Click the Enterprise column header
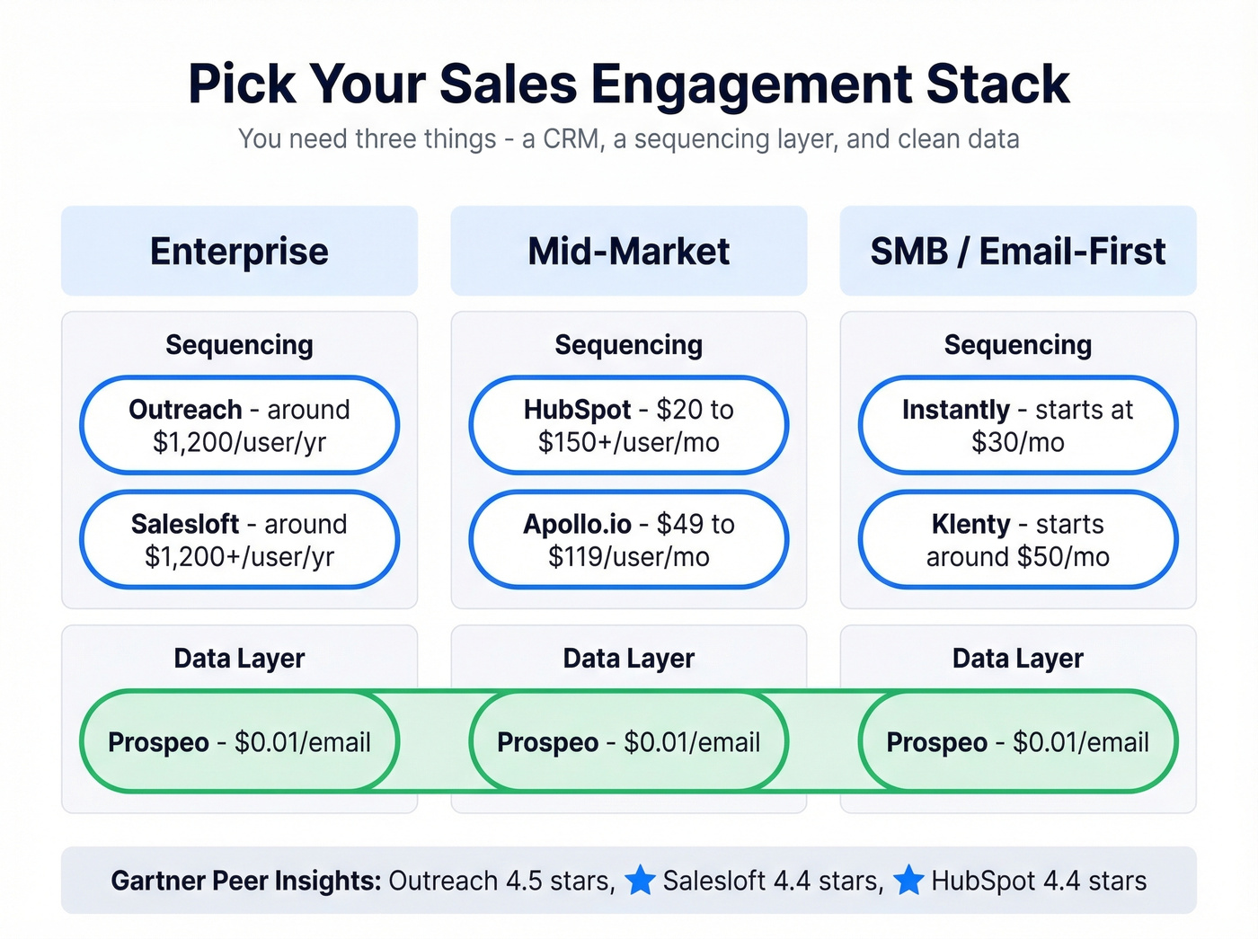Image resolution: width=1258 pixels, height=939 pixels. (239, 251)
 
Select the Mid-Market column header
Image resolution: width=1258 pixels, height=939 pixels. (628, 251)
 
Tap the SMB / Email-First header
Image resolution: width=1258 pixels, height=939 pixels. (1017, 251)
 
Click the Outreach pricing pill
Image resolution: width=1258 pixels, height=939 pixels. (239, 425)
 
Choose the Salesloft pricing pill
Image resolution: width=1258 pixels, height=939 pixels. (239, 539)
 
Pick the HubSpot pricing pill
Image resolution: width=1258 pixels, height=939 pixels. (628, 425)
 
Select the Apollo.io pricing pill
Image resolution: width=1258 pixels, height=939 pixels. (628, 539)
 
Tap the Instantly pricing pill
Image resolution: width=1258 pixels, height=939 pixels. (1017, 425)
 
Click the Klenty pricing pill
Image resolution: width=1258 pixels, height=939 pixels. (1017, 539)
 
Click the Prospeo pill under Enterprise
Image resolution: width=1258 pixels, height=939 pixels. (239, 741)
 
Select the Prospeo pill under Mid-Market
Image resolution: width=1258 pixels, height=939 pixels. (628, 741)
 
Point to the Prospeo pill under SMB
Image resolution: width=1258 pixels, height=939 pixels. (1017, 741)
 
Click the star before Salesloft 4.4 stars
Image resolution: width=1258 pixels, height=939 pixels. (640, 880)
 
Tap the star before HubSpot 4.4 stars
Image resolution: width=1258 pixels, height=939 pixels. (908, 880)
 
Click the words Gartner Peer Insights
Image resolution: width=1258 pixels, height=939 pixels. (246, 881)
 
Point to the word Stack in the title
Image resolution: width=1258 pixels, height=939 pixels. (997, 84)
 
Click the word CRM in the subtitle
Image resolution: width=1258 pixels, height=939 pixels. (572, 139)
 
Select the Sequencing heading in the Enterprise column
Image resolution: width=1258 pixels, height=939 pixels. (239, 345)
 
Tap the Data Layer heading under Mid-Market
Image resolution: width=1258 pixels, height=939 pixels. (628, 659)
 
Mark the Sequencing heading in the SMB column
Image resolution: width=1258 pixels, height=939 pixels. (1017, 345)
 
